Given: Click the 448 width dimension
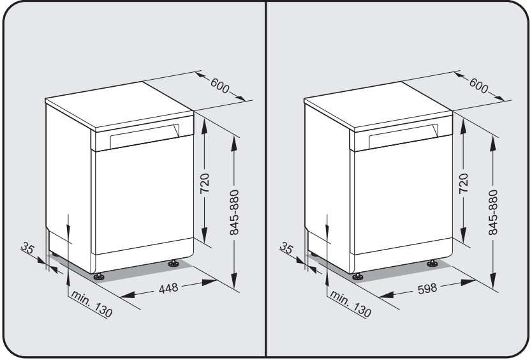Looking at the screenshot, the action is coord(168,288).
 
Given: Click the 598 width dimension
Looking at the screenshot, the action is coord(427,289).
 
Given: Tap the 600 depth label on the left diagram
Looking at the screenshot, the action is coord(220,86).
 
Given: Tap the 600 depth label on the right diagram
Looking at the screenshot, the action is coord(478,86).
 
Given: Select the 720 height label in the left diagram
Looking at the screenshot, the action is coord(205,183).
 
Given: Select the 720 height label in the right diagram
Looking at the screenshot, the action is coord(464,183).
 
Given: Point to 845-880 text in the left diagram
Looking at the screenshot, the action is coord(234,213).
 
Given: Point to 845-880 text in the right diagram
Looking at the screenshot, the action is coord(493,213).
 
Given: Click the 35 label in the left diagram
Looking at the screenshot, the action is coord(27,248).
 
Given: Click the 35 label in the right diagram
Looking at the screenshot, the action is coord(286,248).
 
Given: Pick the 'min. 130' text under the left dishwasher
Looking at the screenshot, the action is coord(91,304).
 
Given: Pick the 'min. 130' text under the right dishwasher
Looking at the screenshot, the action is coord(350,304).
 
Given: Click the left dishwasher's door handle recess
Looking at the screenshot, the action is coord(145,136).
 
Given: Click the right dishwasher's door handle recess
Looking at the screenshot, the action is coord(404,136).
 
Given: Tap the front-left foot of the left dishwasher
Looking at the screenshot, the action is coord(99,277).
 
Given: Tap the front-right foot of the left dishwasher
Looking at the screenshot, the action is coord(174,264).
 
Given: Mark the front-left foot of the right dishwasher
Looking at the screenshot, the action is coord(358,277).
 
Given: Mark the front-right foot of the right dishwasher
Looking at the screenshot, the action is coord(432,264).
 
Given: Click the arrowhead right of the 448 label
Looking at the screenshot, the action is coord(209,282).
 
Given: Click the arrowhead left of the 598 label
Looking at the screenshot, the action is coord(386,294).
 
